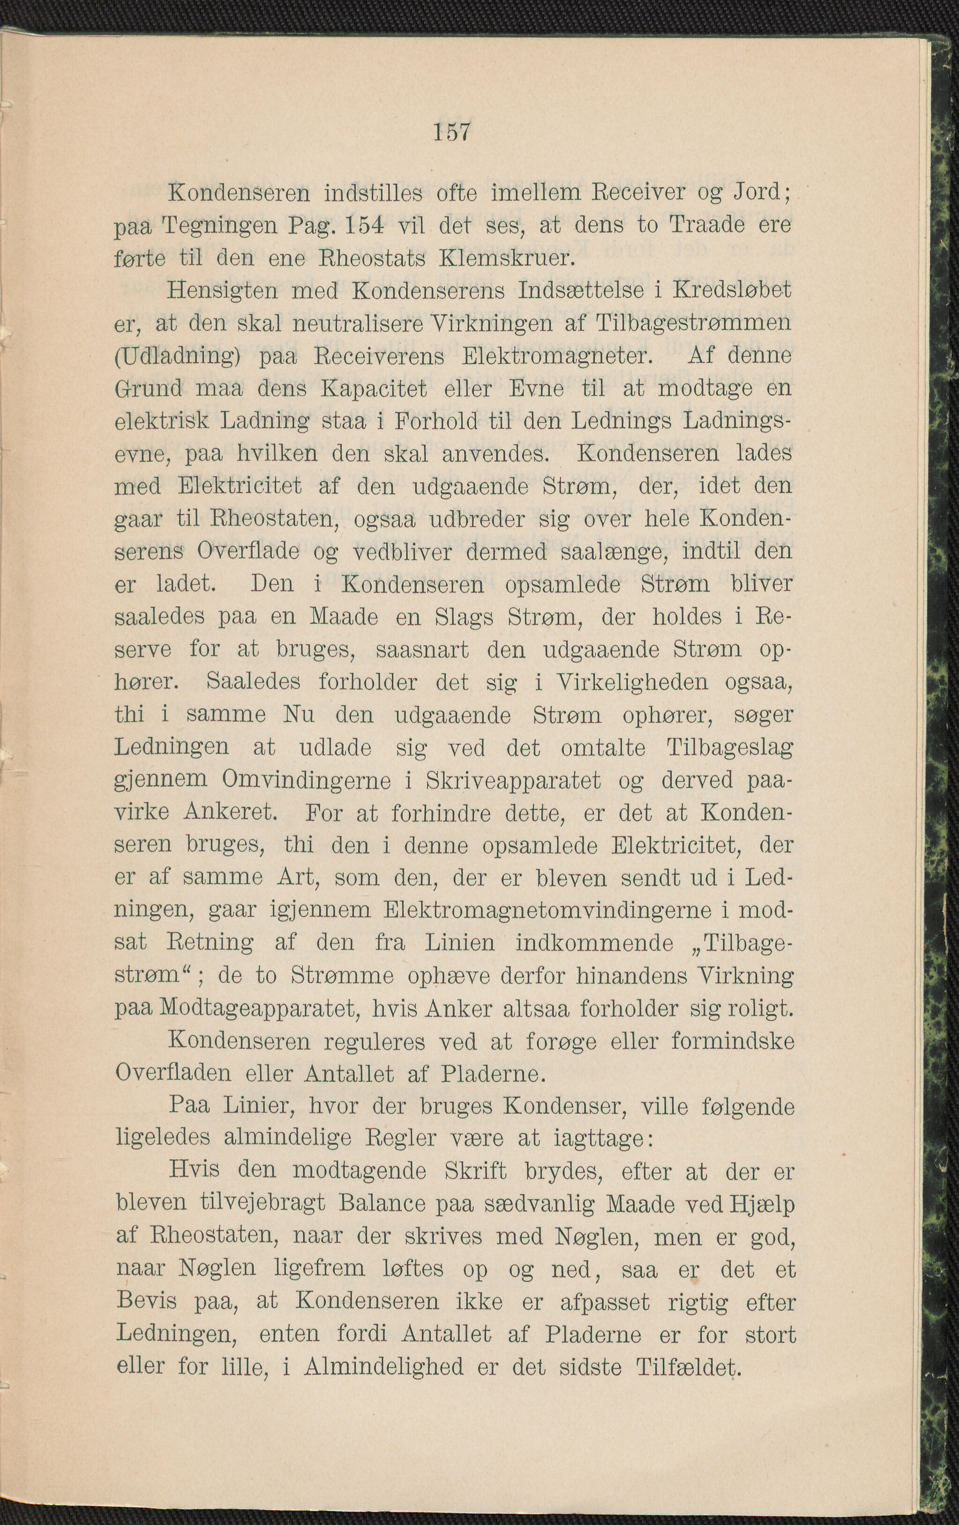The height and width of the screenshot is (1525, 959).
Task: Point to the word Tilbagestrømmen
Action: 694,322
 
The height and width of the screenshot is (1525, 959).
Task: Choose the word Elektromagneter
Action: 557,355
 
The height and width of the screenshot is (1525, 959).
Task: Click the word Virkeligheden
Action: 631,681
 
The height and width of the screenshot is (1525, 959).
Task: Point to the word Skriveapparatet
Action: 513,780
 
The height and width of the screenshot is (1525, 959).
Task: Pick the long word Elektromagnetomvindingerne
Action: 548,910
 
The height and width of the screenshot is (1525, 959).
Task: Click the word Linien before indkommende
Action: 459,943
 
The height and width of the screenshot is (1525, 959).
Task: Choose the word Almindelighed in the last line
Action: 384,1366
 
